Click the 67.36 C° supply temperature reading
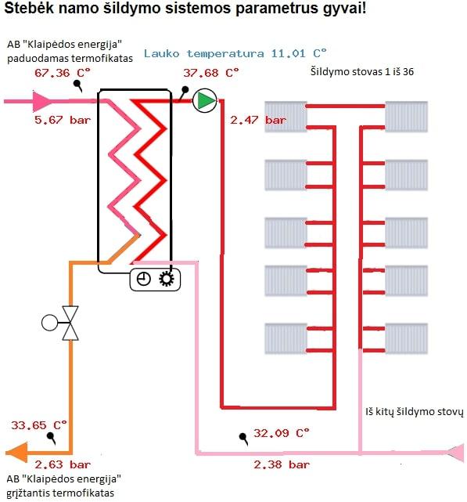pyautogui.click(x=63, y=73)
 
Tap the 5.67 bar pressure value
pyautogui.click(x=63, y=120)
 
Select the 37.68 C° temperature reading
pyautogui.click(x=211, y=73)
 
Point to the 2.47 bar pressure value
pyautogui.click(x=258, y=120)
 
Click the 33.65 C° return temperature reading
pyautogui.click(x=39, y=425)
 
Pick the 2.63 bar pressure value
pyautogui.click(x=63, y=464)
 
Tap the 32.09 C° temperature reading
pyautogui.click(x=282, y=433)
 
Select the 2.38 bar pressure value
pyautogui.click(x=282, y=464)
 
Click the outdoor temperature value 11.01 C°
pyautogui.click(x=299, y=53)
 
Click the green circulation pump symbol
pyautogui.click(x=205, y=100)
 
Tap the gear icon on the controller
pyautogui.click(x=167, y=279)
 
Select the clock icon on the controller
pyautogui.click(x=144, y=279)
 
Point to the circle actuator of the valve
pyautogui.click(x=50, y=323)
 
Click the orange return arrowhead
pyautogui.click(x=16, y=453)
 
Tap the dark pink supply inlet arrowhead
pyautogui.click(x=42, y=101)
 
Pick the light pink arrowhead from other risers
pyautogui.click(x=454, y=453)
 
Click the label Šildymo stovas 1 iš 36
pyautogui.click(x=362, y=71)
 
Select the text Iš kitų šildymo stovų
pyautogui.click(x=415, y=411)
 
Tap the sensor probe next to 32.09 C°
pyautogui.click(x=244, y=439)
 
